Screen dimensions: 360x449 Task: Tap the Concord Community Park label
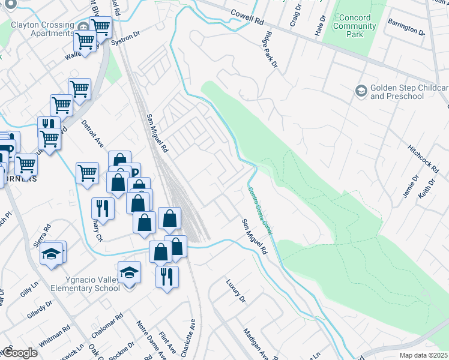point(354,26)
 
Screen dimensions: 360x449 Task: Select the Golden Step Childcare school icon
point(361,91)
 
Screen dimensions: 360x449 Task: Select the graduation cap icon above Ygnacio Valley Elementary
point(129,273)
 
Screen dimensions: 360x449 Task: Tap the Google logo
point(19,353)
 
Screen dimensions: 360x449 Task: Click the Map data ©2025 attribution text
point(423,355)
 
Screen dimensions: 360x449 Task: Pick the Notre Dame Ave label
point(149,339)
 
